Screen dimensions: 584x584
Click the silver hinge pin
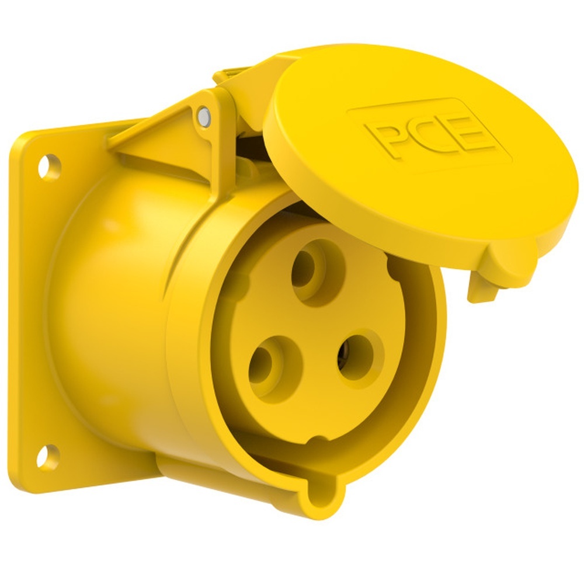coord(203,116)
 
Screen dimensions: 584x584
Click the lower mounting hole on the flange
coord(48,456)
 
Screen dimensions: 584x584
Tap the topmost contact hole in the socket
coord(310,269)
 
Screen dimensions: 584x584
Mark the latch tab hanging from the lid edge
coord(482,286)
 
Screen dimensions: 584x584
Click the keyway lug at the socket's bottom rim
coord(321,496)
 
